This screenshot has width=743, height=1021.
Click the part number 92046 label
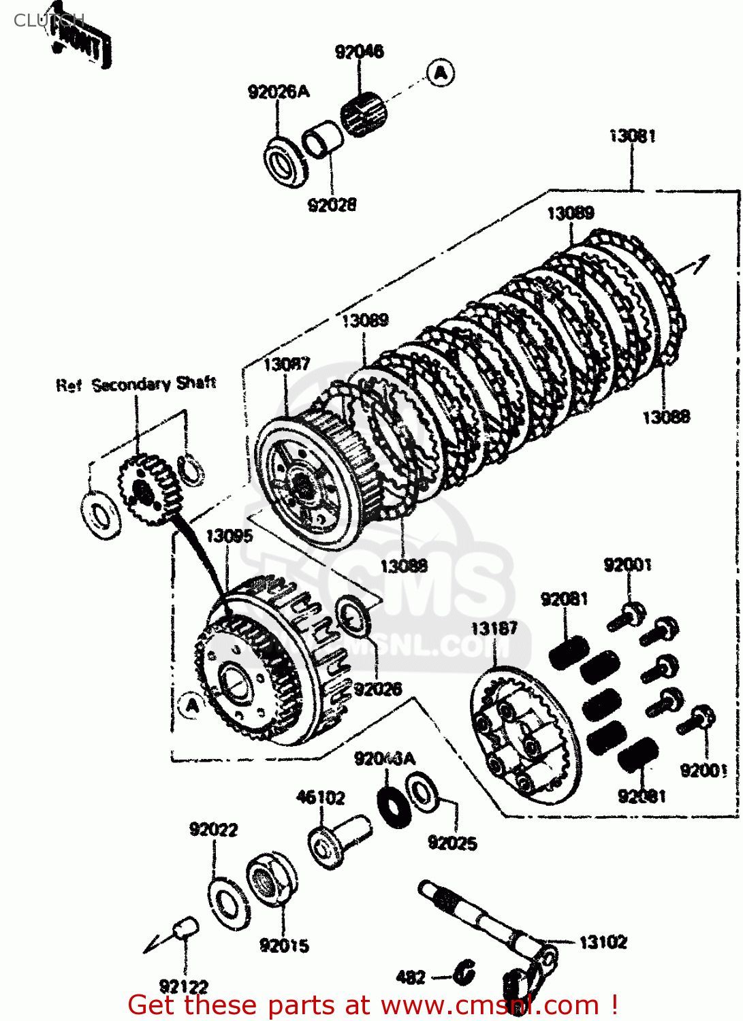pos(359,52)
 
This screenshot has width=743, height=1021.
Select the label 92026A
pos(278,92)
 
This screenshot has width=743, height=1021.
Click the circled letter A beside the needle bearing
pos(441,72)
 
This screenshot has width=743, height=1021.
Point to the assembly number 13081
pos(632,136)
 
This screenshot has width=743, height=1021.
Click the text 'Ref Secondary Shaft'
pos(136,385)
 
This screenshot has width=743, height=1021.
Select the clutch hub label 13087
pos(286,364)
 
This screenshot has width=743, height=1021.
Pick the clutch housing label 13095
pos(229,536)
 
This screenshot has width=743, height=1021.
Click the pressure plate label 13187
pos(494,628)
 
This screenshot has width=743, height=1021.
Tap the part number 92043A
pos(384,759)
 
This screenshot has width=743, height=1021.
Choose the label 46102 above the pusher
pos(320,797)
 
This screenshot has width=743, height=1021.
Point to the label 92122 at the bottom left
pos(183,986)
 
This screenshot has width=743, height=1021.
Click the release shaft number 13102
pos(603,943)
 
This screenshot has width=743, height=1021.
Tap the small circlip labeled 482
pos(464,973)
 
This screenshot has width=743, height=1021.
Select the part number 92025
pos(452,843)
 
